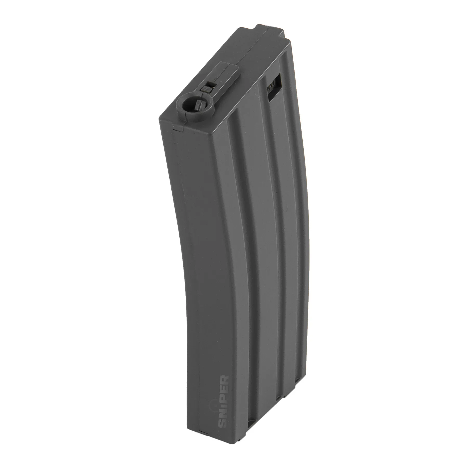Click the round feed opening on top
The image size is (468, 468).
point(190,105)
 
